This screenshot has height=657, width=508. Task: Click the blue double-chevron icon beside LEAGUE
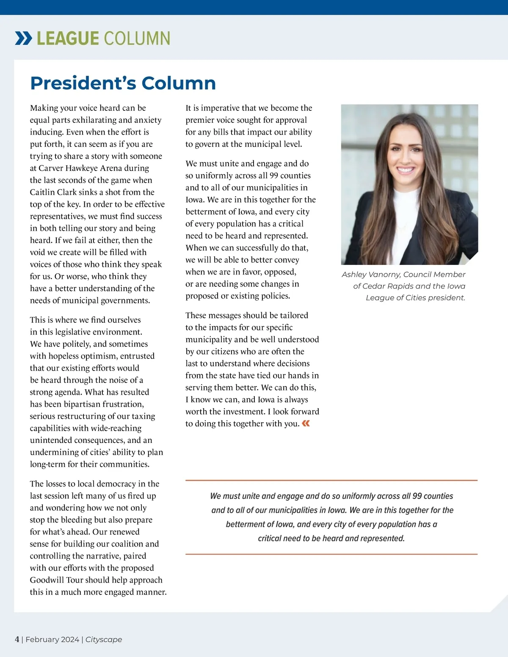pos(23,38)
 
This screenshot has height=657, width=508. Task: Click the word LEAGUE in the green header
pos(68,38)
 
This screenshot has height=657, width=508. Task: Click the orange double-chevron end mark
pos(306,423)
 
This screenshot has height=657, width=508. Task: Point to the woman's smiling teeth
pos(406,170)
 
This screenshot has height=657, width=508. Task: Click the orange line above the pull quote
pos(331,481)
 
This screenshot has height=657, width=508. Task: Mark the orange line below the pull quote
pos(331,554)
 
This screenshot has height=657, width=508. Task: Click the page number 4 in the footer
pos(17,639)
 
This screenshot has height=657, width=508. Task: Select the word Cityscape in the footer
pos(104,640)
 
